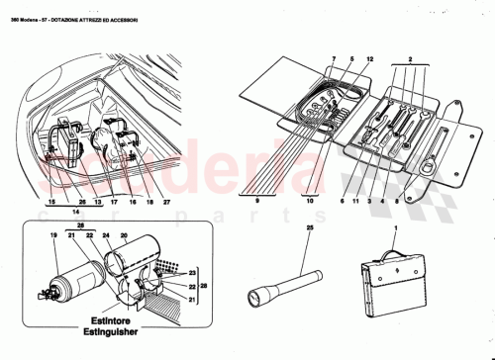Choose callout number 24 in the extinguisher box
pos(103,238)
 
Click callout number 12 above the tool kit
pos(369,59)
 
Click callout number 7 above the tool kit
pos(334,59)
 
